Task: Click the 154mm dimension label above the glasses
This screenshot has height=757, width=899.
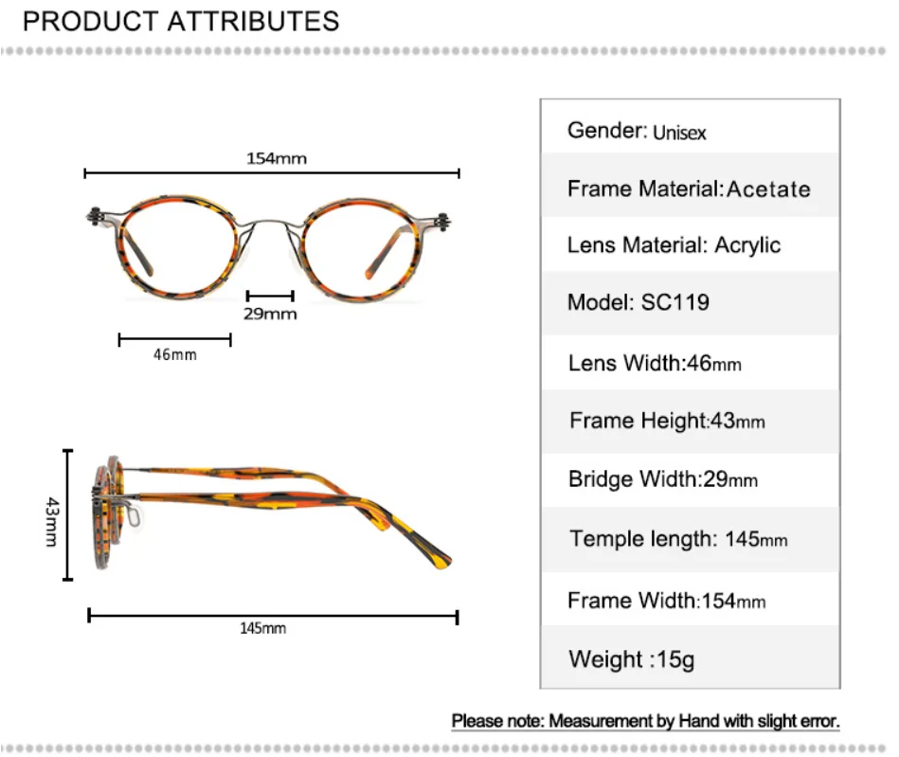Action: click(x=277, y=158)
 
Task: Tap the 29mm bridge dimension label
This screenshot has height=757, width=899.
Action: click(x=270, y=314)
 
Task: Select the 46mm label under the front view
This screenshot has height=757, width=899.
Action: click(x=174, y=354)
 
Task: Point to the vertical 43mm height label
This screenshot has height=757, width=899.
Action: click(x=50, y=523)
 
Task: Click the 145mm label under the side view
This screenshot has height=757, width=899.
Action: click(x=262, y=628)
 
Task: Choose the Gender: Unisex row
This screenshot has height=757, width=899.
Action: click(x=637, y=131)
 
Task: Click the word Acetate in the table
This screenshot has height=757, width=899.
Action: click(x=768, y=189)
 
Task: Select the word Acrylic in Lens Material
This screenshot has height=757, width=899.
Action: click(x=747, y=245)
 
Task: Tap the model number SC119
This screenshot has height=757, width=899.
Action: click(x=674, y=303)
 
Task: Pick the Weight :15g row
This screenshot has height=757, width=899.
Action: click(x=631, y=658)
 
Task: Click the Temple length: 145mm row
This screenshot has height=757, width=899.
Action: click(x=678, y=540)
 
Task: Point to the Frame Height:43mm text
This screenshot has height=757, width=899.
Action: click(x=667, y=421)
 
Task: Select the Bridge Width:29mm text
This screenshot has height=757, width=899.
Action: click(x=663, y=479)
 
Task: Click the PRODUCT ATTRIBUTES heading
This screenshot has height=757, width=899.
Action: click(x=181, y=21)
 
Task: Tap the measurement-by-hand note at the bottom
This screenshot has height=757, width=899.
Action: click(x=645, y=721)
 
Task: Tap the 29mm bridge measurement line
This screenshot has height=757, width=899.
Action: click(x=269, y=296)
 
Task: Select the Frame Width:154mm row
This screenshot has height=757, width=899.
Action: click(x=667, y=601)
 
